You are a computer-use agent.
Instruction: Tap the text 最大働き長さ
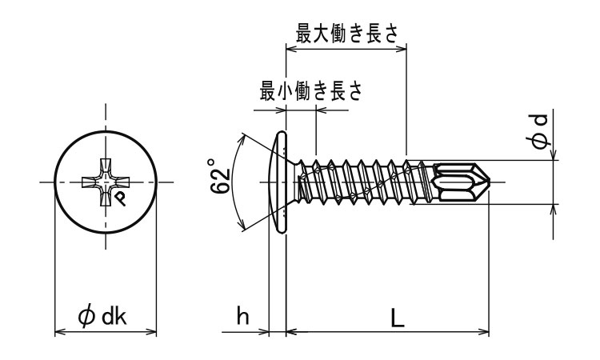click(346, 34)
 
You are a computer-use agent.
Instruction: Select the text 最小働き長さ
click(310, 92)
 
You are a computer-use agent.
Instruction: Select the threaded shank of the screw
click(360, 183)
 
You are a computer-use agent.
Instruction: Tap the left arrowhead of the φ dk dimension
click(58, 330)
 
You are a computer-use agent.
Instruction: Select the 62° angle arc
click(238, 183)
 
